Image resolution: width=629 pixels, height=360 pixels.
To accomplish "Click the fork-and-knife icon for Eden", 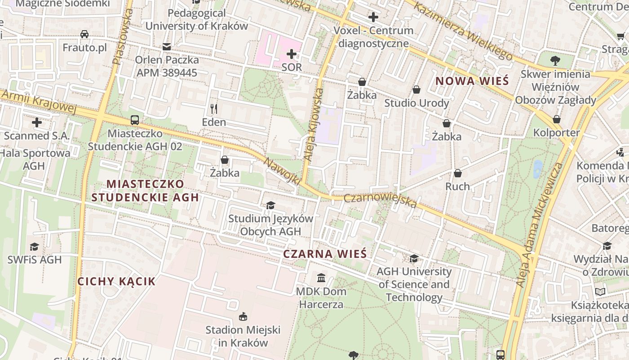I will [x=214, y=108].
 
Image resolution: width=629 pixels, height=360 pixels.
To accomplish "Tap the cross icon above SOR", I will [x=292, y=54].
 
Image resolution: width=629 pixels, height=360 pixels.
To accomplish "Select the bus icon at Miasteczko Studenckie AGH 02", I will [x=135, y=120].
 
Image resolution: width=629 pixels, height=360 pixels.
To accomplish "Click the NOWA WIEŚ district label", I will [x=472, y=81].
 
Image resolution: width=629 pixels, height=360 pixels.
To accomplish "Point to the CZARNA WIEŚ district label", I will [x=325, y=254].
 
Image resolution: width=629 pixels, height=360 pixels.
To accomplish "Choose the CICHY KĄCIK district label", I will [x=116, y=282].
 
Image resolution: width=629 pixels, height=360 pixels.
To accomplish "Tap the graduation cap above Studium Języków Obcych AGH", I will [x=270, y=206].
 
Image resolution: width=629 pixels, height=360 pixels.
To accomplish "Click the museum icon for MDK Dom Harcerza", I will [x=321, y=278].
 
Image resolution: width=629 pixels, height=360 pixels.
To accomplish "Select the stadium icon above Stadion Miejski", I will [x=243, y=316].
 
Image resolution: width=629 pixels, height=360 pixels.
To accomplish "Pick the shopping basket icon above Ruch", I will [x=458, y=173].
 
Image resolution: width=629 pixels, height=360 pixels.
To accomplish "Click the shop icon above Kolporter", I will [x=557, y=119].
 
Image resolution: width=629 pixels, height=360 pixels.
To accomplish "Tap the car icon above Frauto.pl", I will [x=84, y=34].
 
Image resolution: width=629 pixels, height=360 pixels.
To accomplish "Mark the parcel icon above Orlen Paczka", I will [x=167, y=46].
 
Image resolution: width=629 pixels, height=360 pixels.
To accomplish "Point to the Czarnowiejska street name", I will [x=381, y=201].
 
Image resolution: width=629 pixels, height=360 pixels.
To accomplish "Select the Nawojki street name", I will [x=282, y=171].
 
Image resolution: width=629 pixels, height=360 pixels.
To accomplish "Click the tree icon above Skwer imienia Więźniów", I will [x=555, y=60].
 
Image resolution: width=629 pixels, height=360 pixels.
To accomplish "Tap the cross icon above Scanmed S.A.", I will [x=37, y=122].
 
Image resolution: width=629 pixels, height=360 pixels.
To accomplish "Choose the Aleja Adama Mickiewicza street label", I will [x=539, y=225].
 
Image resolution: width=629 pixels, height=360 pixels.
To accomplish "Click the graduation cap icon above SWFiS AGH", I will [x=34, y=246].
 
